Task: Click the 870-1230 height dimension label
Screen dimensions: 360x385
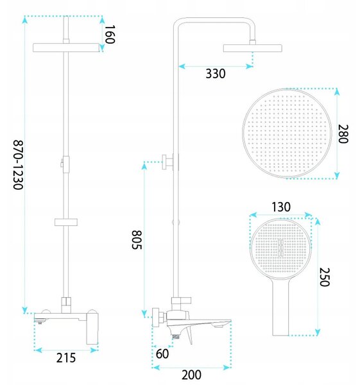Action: pos(19,165)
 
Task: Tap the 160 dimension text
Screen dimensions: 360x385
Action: pos(110,35)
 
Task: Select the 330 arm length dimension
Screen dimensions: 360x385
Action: pos(216,74)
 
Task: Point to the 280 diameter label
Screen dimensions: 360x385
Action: pos(343,134)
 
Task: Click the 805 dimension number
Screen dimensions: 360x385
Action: pos(137,240)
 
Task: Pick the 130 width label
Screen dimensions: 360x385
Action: pos(281,207)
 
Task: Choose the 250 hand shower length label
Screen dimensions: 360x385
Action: pos(324,277)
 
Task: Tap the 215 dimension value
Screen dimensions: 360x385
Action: pos(66,358)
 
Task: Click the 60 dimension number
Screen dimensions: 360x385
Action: pos(162,354)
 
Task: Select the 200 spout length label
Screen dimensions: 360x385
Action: pos(191,375)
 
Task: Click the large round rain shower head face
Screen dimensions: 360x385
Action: pos(287,133)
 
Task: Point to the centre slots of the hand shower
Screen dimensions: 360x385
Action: pos(280,246)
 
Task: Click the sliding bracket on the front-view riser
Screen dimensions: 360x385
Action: pos(66,222)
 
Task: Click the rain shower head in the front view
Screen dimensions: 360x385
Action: pos(66,47)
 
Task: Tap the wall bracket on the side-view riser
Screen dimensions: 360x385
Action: pos(170,162)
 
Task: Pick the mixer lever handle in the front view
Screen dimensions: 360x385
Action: pos(92,327)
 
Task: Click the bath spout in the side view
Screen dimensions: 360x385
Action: pos(199,323)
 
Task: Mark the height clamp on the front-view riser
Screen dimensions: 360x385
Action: pos(65,164)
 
